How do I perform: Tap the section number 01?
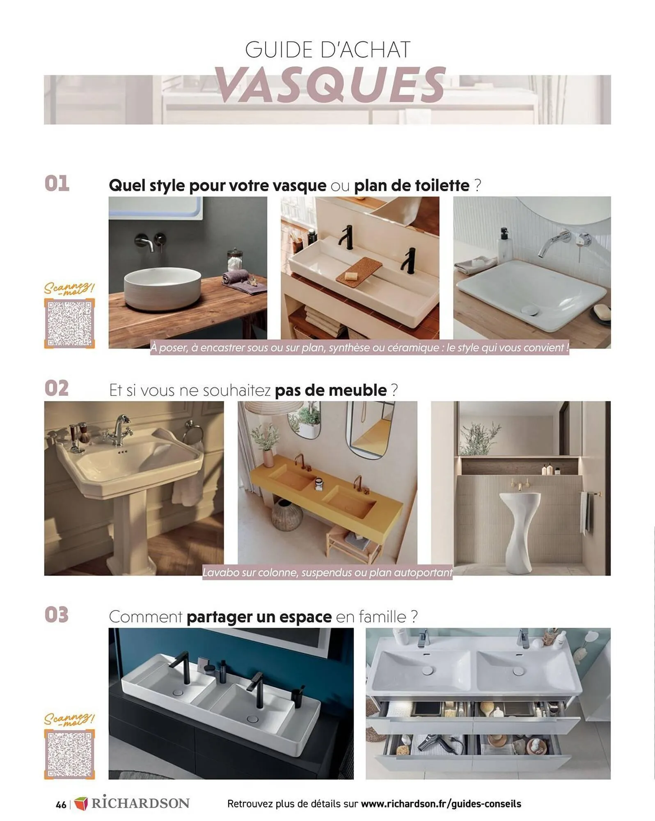(x=57, y=183)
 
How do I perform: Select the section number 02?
(x=57, y=388)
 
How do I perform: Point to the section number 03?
(x=57, y=615)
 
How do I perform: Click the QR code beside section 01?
(x=69, y=323)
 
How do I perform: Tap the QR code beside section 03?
(x=69, y=754)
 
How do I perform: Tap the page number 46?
(x=61, y=805)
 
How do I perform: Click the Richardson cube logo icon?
(x=81, y=804)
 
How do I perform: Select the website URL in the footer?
(x=441, y=804)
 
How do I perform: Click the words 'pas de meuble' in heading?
(x=330, y=390)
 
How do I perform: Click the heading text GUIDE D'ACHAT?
(x=327, y=50)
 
